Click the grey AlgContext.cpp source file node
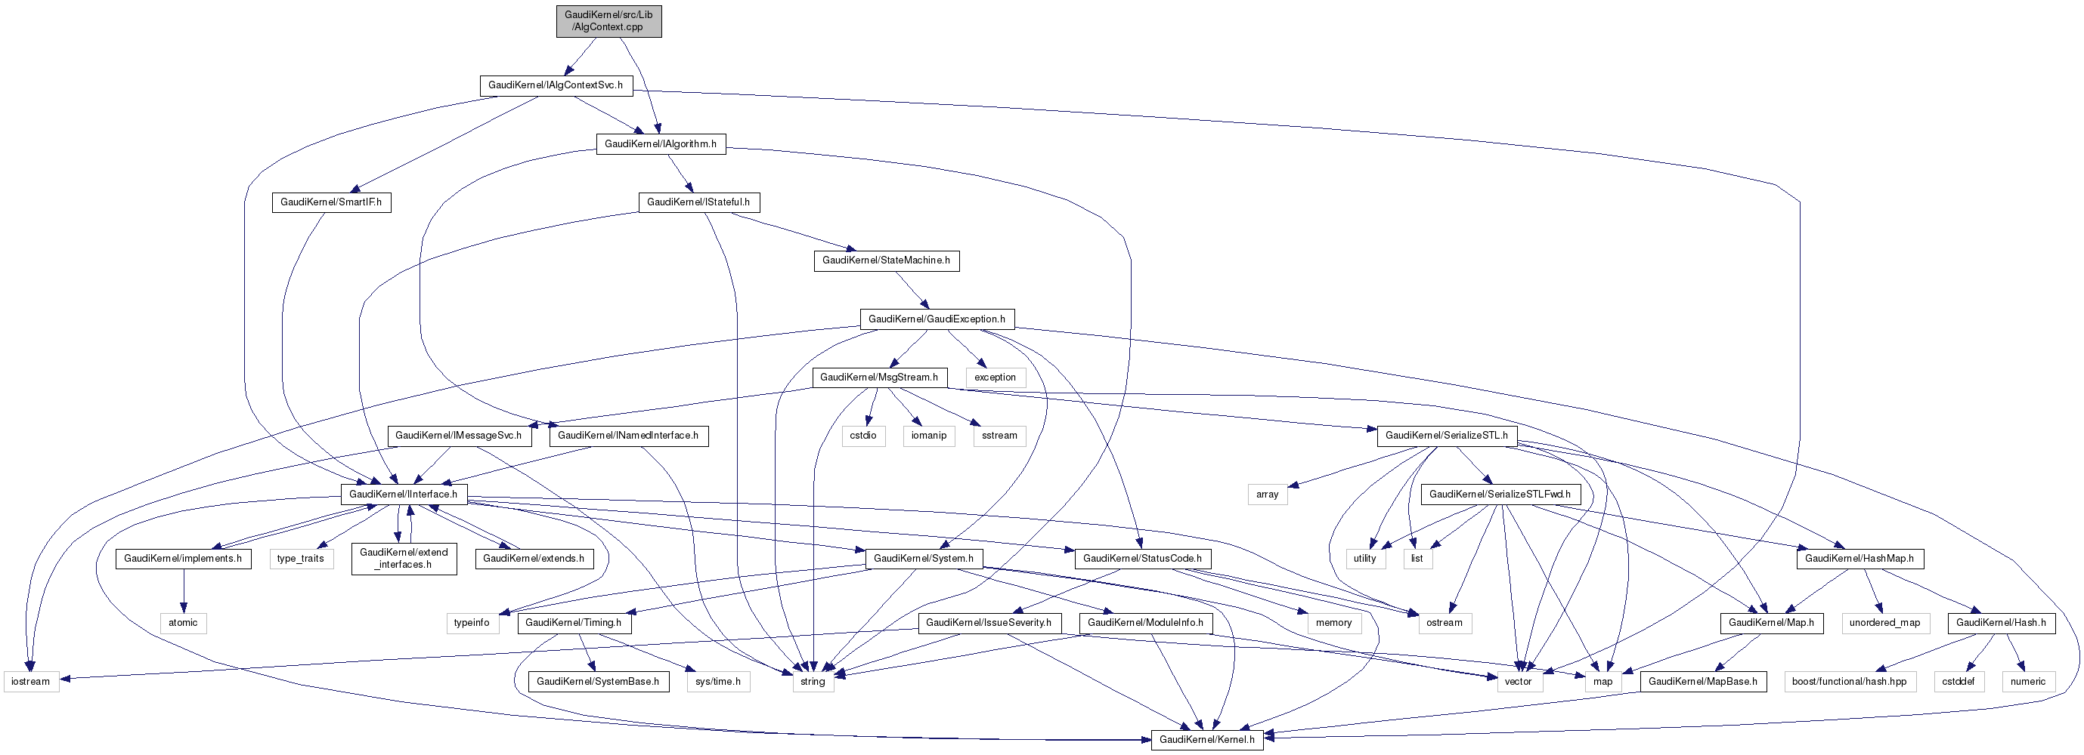(608, 21)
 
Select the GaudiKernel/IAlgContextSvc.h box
(555, 85)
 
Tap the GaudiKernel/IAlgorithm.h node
(660, 144)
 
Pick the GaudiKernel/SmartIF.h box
(331, 202)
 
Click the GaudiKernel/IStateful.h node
(698, 202)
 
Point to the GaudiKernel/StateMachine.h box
(886, 260)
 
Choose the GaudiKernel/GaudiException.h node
(936, 319)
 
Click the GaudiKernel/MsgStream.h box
(878, 377)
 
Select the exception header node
(994, 377)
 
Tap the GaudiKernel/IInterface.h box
(403, 494)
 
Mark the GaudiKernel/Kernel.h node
(1206, 740)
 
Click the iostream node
(31, 682)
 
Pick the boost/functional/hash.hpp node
(1849, 682)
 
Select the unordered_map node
(1884, 623)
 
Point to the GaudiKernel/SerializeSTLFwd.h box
(1499, 494)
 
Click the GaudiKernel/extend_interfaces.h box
(404, 559)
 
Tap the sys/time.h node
(717, 682)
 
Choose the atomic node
(183, 623)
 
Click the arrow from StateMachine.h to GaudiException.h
(910, 289)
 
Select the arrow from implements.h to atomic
(183, 591)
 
